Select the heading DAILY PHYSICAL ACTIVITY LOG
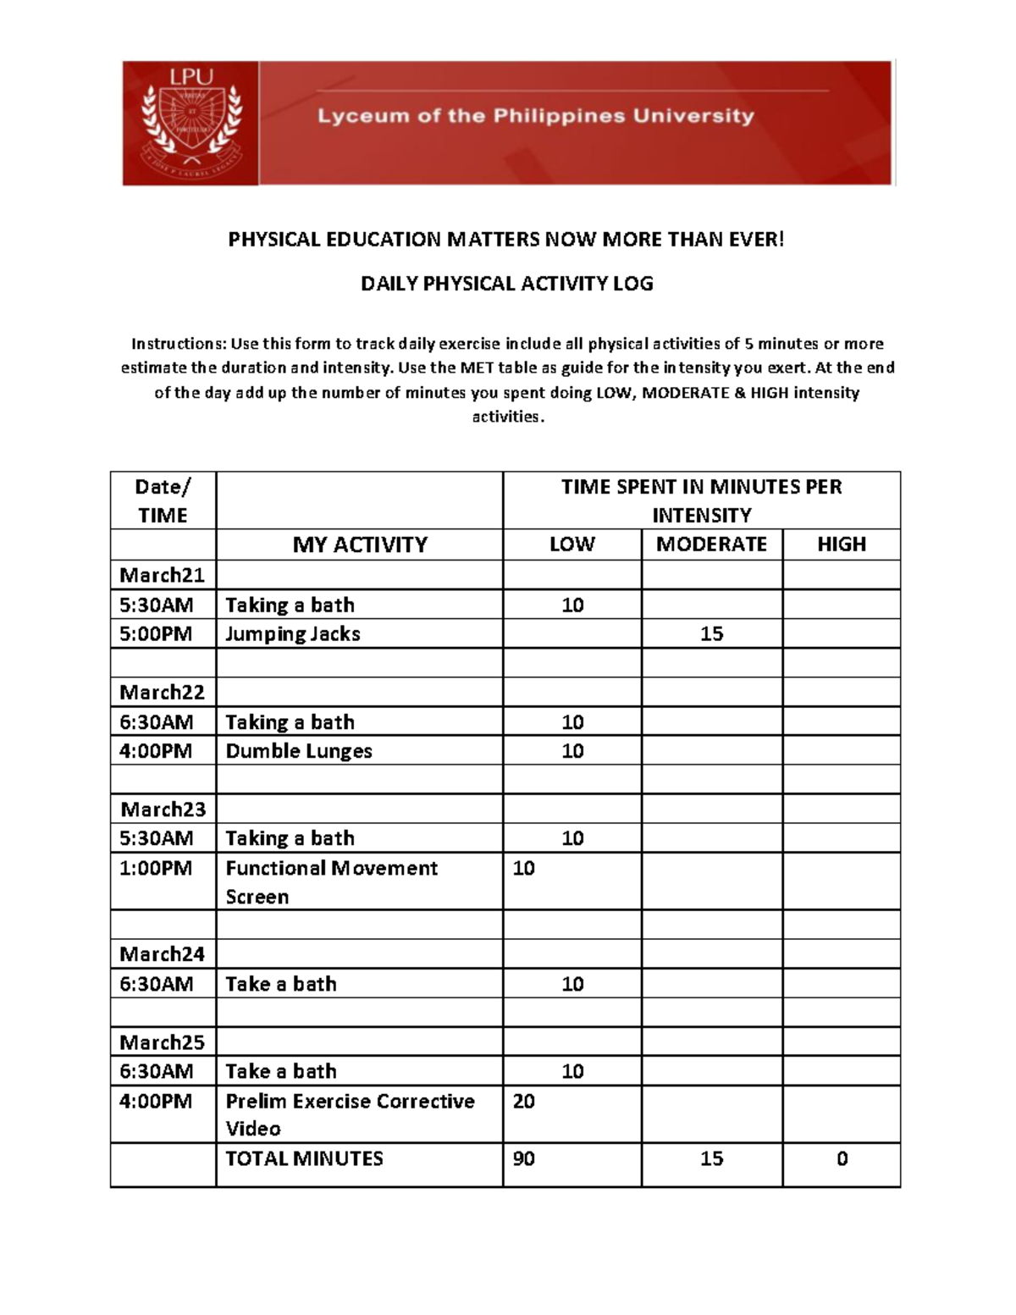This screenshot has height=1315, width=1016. [x=506, y=284]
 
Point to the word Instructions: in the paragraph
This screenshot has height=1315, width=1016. [x=179, y=344]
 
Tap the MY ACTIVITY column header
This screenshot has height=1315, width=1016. [x=360, y=544]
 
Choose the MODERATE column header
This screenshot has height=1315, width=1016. [x=711, y=544]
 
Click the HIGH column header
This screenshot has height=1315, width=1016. [x=841, y=544]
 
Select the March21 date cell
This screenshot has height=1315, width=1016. [x=163, y=576]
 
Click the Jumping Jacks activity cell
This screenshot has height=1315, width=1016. [x=293, y=634]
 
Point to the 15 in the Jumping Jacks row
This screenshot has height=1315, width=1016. [x=711, y=634]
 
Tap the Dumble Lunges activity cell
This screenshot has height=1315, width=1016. [x=299, y=751]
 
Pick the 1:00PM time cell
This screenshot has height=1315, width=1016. [x=156, y=869]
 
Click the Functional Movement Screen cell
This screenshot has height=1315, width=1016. [x=331, y=881]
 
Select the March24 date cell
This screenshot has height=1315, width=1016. [x=163, y=954]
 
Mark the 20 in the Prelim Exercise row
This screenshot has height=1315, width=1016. [x=524, y=1102]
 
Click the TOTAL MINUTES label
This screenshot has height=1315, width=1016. [x=304, y=1159]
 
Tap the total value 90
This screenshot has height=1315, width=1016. [x=524, y=1159]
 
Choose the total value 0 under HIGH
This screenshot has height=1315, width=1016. [x=842, y=1159]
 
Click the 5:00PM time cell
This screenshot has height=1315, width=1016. [x=156, y=634]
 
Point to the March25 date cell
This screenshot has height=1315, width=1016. [x=163, y=1042]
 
